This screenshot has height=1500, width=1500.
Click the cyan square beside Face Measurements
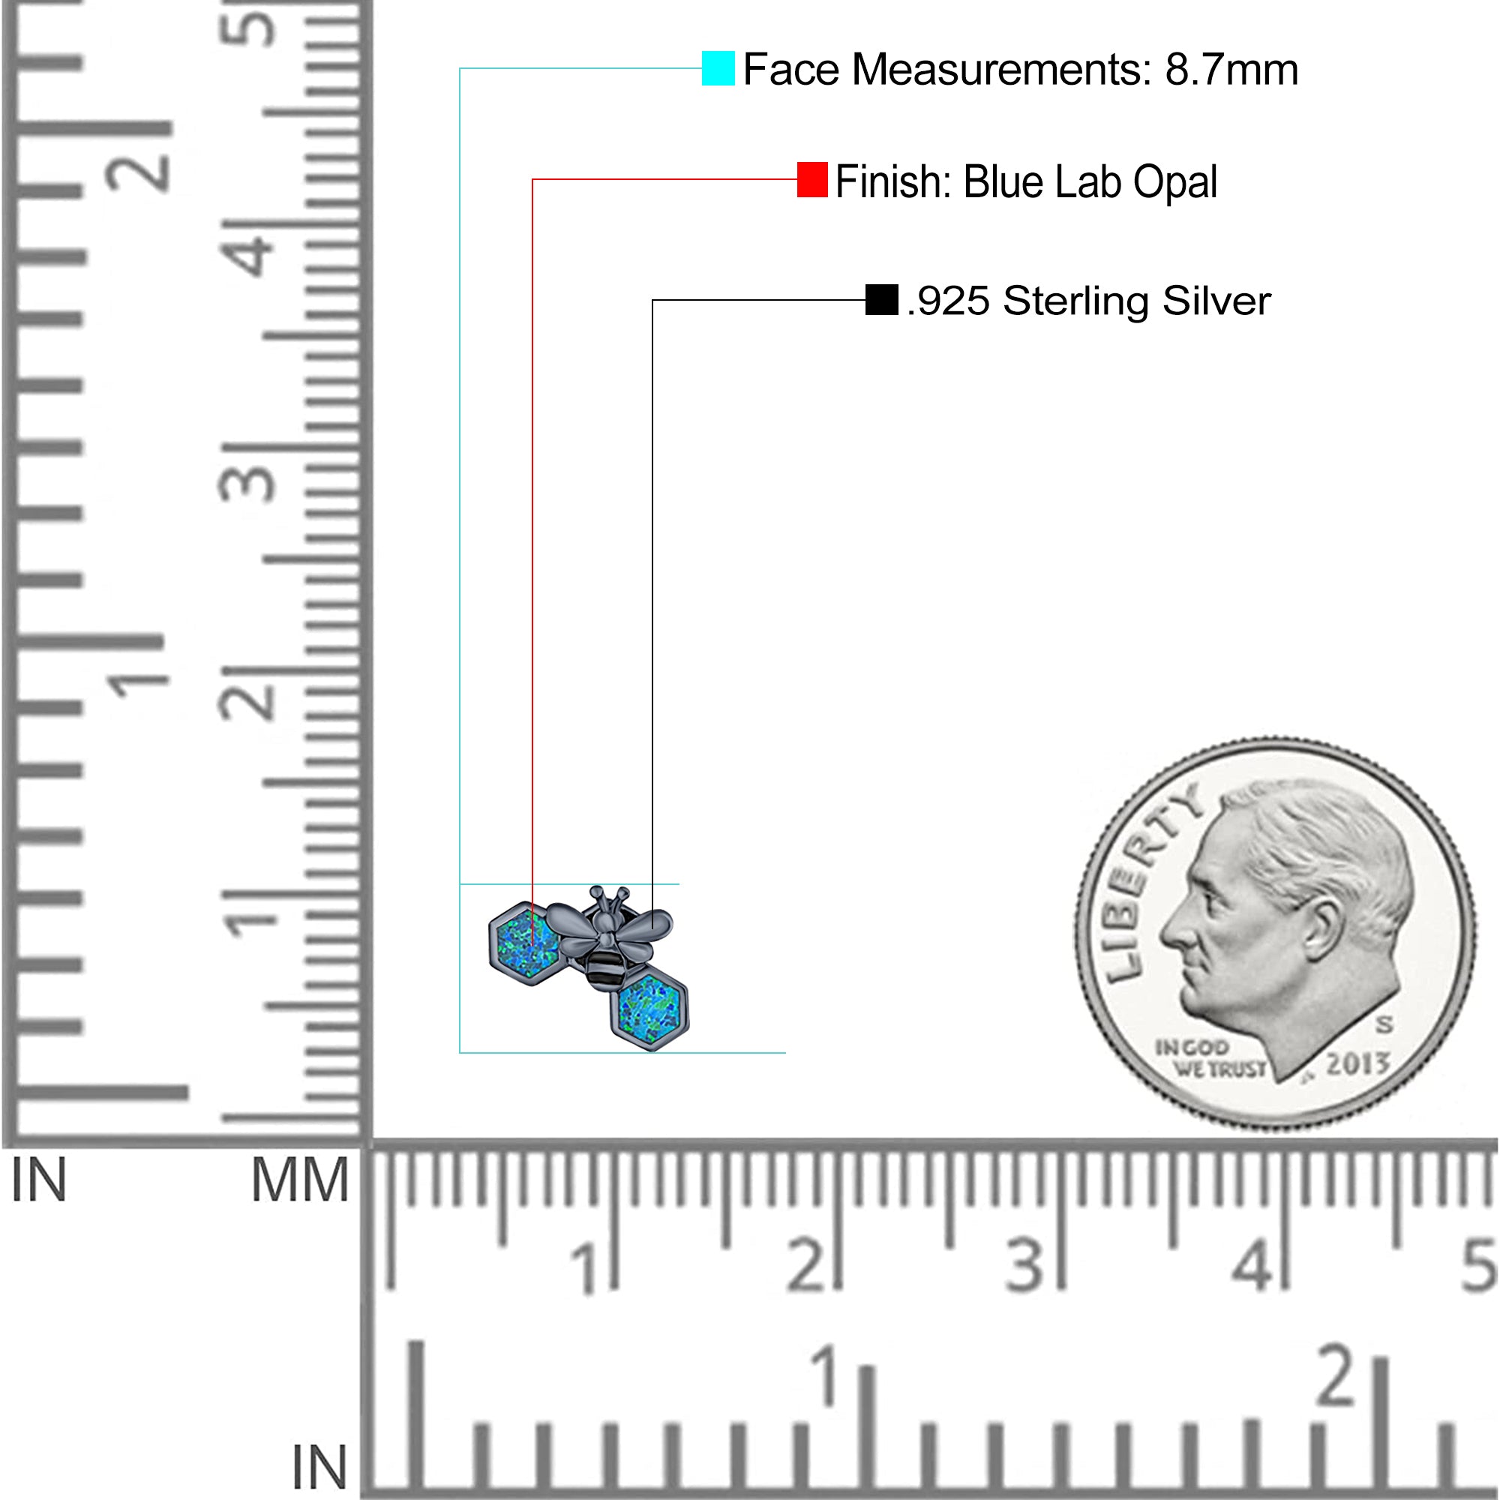pyautogui.click(x=718, y=68)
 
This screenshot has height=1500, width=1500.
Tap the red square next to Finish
pyautogui.click(x=812, y=179)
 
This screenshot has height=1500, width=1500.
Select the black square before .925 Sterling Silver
pyautogui.click(x=882, y=300)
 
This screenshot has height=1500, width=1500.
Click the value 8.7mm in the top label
pyautogui.click(x=1231, y=70)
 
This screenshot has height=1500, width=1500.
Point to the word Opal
pyautogui.click(x=1174, y=181)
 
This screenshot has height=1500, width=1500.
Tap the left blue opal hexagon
pyautogui.click(x=526, y=943)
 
